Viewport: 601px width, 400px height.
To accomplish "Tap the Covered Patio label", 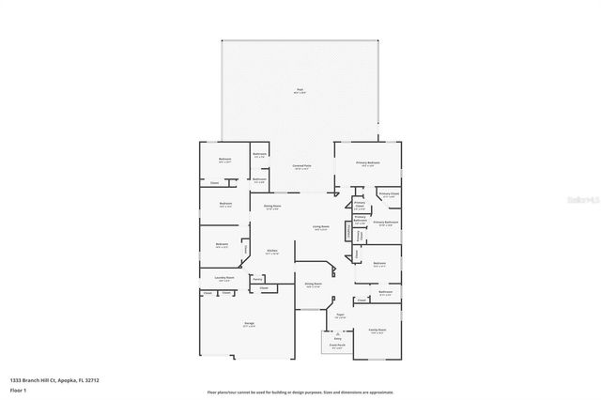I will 301,165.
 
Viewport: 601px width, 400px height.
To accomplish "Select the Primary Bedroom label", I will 368,162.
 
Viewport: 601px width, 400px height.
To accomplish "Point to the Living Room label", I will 320,226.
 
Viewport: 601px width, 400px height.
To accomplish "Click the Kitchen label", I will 271,251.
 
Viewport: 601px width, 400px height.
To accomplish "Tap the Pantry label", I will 256,278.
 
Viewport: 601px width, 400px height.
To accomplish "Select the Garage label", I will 250,324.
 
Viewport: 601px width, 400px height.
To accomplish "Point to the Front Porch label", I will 335,346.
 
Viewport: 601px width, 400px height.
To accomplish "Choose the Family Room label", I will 378,331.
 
